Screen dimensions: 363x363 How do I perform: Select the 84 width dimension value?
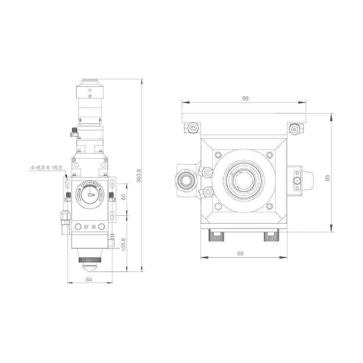click(89, 280)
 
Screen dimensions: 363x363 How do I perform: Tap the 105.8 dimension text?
click(123, 244)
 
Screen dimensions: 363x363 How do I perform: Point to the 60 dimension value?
click(123, 197)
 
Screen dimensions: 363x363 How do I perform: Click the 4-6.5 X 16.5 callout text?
click(46, 167)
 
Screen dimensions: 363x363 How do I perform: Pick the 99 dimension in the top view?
click(245, 98)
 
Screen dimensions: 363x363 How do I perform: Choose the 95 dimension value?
click(327, 178)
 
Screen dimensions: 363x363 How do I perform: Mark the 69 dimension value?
click(240, 253)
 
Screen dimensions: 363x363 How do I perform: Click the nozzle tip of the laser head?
click(90, 269)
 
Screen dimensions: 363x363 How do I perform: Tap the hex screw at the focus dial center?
click(90, 195)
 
